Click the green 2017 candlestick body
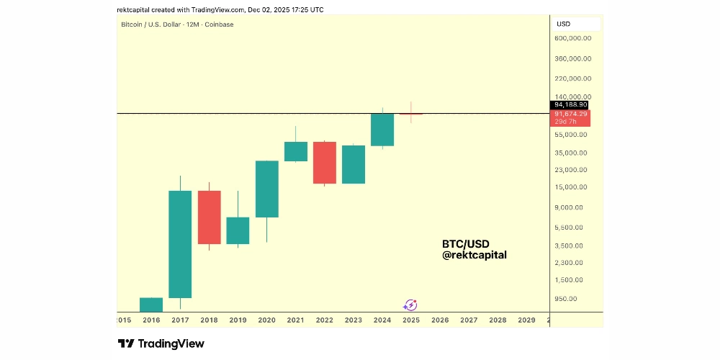180,243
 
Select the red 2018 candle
209,217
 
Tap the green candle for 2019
238,230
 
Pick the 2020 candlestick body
266,189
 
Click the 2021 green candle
296,151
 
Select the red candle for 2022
325,163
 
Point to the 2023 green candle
354,164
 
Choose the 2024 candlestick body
382,130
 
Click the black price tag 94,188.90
571,105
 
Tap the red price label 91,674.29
571,114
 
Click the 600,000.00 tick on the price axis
573,39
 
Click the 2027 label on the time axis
469,320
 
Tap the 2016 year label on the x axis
151,320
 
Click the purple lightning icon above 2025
410,305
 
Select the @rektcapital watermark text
474,255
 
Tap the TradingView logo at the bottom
161,343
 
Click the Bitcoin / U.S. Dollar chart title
176,24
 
